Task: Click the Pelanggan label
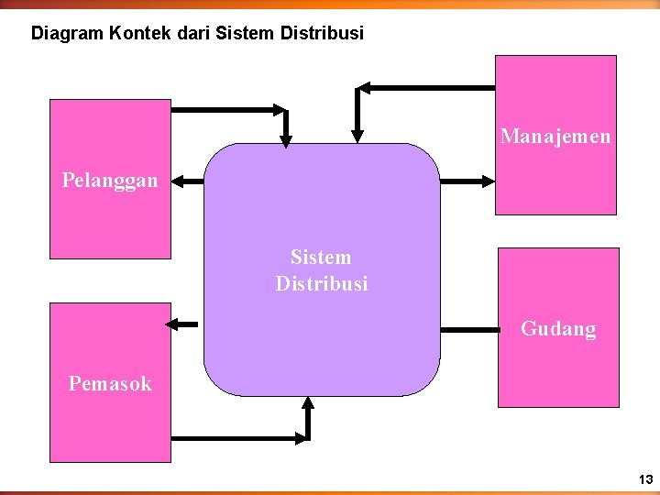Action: click(110, 181)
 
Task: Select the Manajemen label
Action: click(555, 137)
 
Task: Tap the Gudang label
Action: click(558, 329)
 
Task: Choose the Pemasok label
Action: click(110, 384)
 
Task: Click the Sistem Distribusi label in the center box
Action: click(321, 270)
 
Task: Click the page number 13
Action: click(646, 479)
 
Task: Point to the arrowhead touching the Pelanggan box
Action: click(179, 181)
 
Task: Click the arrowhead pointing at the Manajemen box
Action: click(488, 181)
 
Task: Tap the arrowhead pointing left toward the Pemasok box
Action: click(170, 323)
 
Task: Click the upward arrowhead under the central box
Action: click(308, 403)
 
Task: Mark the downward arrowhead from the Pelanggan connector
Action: click(286, 140)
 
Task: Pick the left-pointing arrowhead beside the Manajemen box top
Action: click(363, 88)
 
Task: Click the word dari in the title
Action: click(186, 34)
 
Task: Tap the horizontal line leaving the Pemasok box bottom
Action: click(238, 438)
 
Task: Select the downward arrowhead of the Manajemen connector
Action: click(358, 138)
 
